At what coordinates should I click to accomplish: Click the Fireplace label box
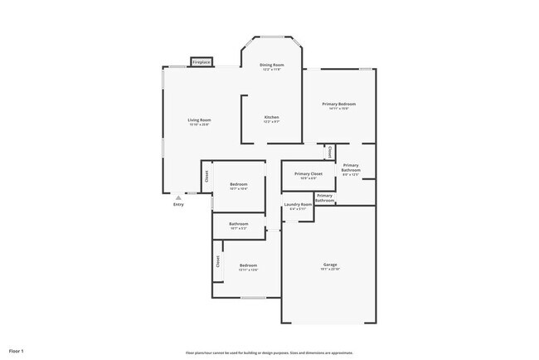point(202,62)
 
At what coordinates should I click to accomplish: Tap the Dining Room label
point(272,65)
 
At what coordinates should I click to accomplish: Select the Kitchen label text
point(272,117)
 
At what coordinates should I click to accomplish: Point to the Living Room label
point(199,120)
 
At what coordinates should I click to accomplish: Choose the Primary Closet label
point(307,174)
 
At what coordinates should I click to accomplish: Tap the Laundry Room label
point(298,204)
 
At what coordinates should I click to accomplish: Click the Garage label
point(330,265)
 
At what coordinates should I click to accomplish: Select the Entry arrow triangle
point(178,198)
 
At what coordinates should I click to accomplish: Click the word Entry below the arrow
point(178,205)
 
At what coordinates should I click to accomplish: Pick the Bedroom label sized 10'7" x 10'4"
point(239,183)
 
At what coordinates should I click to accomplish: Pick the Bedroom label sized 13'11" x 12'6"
point(248,265)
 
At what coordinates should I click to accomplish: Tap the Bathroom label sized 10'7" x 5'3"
point(239,223)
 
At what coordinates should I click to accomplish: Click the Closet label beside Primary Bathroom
point(329,152)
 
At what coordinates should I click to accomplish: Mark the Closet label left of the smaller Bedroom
point(206,176)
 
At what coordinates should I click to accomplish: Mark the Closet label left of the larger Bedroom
point(217,261)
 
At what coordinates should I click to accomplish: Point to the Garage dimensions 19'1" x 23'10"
point(330,270)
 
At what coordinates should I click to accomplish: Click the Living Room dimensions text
point(199,125)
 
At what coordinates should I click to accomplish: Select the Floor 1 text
point(17,351)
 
